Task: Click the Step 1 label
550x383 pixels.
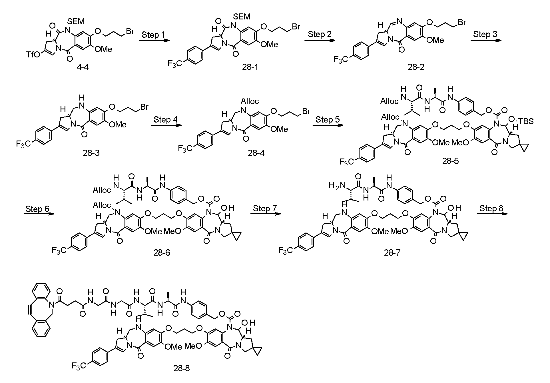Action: click(153, 35)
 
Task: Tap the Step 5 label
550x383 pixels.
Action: click(328, 120)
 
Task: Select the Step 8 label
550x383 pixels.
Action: click(491, 208)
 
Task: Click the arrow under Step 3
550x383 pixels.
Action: click(486, 40)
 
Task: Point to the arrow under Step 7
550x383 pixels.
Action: click(266, 214)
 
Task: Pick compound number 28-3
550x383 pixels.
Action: click(91, 153)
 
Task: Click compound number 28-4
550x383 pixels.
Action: click(256, 153)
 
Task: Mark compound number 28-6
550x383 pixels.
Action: click(162, 252)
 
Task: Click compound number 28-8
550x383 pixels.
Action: click(181, 368)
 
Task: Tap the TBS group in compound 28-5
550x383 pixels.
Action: click(527, 121)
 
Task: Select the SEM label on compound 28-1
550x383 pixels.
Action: click(242, 17)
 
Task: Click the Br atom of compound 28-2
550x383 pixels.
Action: click(461, 22)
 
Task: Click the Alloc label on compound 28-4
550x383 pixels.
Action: click(250, 101)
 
